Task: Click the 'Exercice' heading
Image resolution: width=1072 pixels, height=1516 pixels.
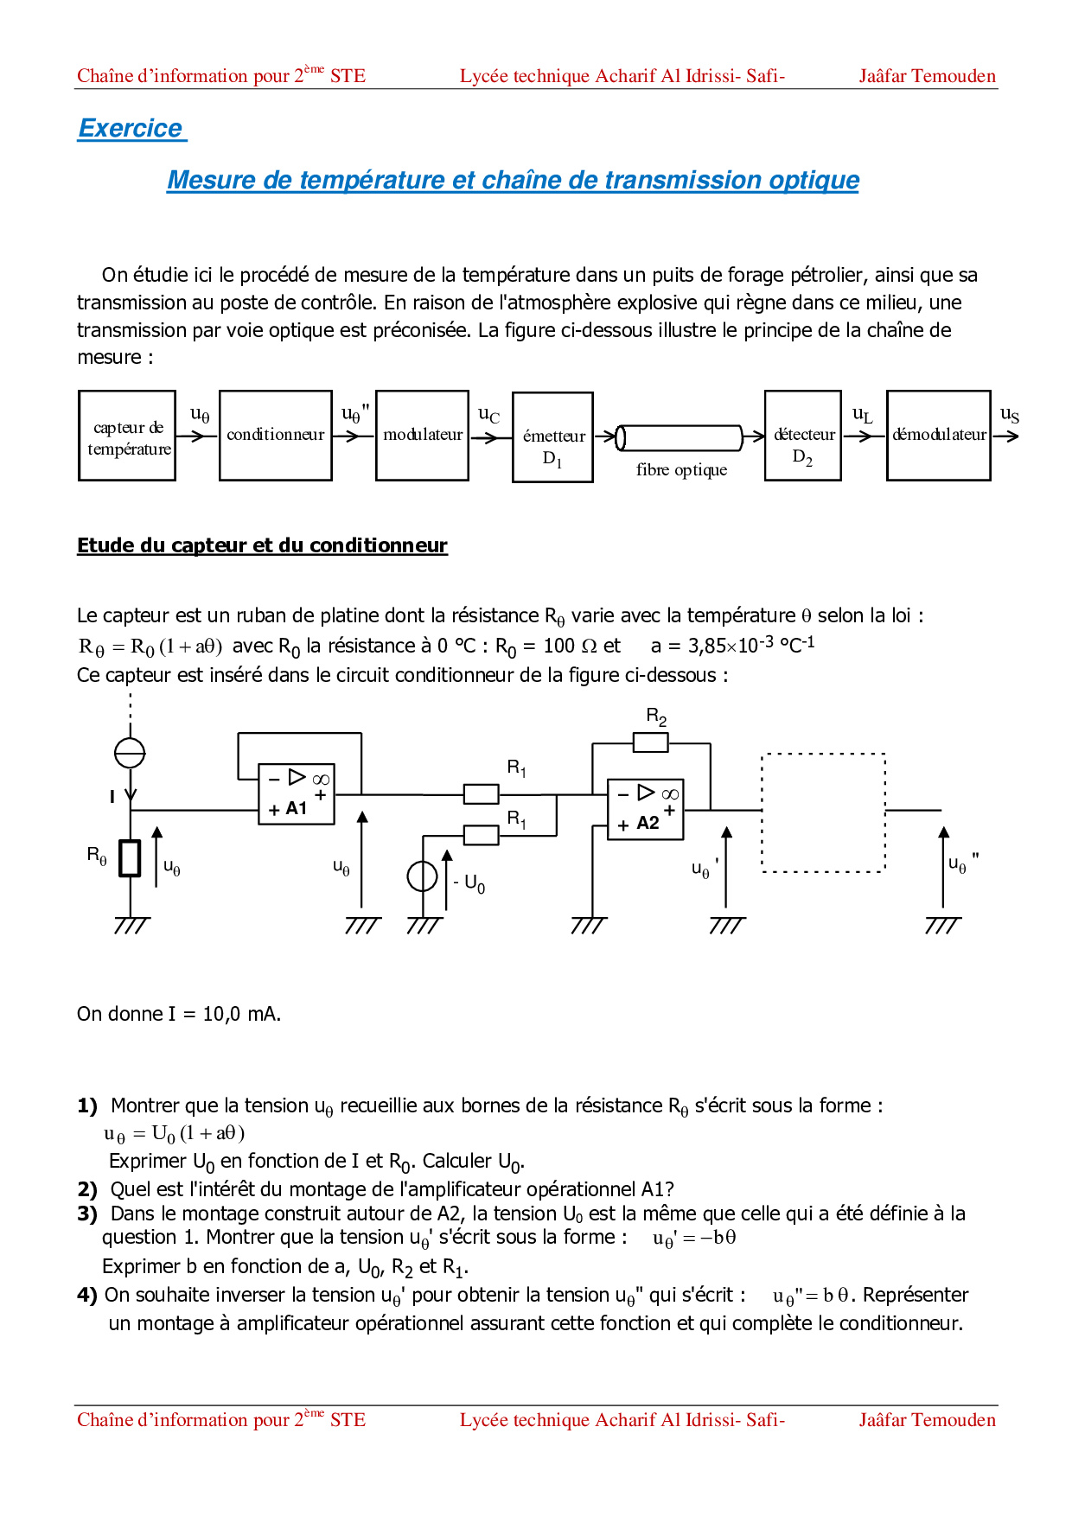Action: pos(131,128)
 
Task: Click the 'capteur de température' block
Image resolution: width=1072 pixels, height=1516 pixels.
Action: pos(127,436)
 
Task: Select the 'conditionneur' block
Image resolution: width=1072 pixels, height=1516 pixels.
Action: pos(276,435)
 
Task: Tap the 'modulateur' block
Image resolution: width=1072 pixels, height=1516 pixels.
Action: pos(423,435)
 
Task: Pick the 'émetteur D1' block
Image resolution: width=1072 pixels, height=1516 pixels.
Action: pos(552,437)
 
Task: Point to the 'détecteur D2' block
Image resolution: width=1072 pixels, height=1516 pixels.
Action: pos(803,436)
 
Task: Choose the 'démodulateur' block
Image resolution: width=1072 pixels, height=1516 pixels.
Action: pos(939,435)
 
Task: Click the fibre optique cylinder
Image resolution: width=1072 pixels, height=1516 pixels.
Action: pos(680,437)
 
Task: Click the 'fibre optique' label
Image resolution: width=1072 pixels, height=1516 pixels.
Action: pos(681,470)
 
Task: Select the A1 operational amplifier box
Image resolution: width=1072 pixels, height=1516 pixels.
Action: pos(297,793)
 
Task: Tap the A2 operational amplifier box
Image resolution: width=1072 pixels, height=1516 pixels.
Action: pos(646,809)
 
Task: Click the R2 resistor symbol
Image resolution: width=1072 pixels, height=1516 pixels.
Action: pos(650,742)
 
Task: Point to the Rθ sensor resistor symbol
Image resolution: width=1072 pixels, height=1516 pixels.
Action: pos(130,858)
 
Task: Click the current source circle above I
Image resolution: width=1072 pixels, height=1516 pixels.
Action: pos(130,753)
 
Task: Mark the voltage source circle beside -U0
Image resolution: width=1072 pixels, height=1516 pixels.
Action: pos(423,876)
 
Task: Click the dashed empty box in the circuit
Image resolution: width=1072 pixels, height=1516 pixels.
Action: pos(823,812)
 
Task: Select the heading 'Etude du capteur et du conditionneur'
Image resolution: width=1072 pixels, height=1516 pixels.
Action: pos(262,545)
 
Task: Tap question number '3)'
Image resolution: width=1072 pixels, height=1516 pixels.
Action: pos(86,1213)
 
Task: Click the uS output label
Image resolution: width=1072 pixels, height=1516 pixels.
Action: pos(1009,416)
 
